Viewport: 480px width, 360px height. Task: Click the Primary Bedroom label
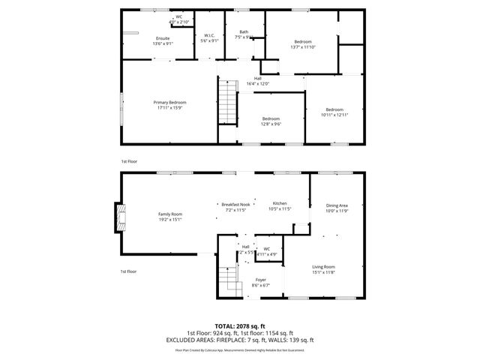[x=170, y=105]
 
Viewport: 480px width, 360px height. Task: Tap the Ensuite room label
[x=163, y=40]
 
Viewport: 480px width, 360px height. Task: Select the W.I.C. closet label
[x=210, y=37]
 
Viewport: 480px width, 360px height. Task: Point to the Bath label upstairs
[x=244, y=34]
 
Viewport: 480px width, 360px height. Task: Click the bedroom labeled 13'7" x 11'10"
[x=302, y=44]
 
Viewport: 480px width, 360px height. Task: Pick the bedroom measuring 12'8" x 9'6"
[x=271, y=121]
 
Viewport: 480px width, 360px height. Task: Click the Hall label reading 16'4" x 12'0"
[x=257, y=81]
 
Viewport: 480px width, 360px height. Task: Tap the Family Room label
[x=170, y=217]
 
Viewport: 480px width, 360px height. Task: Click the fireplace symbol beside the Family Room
[x=118, y=217]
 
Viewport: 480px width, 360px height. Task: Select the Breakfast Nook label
[x=235, y=207]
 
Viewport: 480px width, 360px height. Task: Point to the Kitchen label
[x=280, y=206]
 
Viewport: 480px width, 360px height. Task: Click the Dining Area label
[x=337, y=208]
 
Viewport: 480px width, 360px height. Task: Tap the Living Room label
[x=324, y=269]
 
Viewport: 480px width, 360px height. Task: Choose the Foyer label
[x=260, y=283]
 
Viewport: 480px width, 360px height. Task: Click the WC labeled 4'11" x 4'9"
[x=267, y=251]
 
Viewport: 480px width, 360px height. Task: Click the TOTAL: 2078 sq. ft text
[x=239, y=327]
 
